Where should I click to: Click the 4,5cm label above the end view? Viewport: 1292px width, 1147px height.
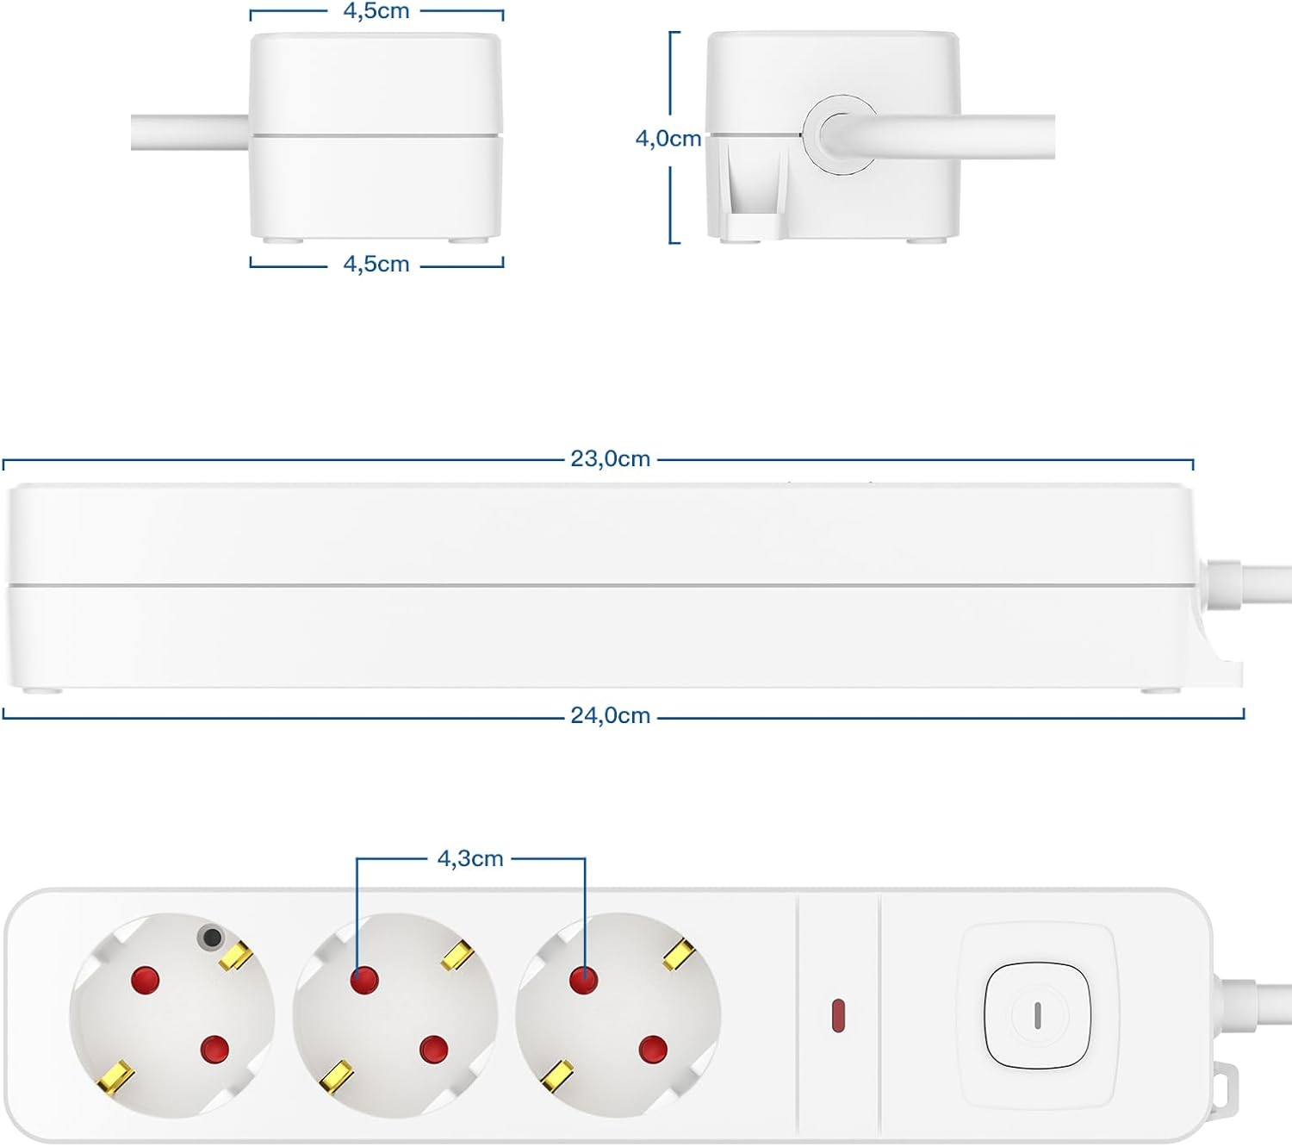pos(376,11)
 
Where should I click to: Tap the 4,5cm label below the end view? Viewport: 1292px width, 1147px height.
pos(376,264)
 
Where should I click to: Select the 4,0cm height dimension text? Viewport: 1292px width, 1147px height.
pos(668,139)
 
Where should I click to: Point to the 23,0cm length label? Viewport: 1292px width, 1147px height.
pos(611,458)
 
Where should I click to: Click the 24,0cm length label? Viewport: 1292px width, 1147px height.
pos(611,716)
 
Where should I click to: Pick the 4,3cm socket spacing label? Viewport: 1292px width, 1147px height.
pos(470,858)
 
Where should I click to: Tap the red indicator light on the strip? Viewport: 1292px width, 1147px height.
pos(838,1016)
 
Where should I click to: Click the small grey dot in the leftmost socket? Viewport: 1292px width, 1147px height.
pos(211,938)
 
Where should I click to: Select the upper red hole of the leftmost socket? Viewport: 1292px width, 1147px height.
pos(146,980)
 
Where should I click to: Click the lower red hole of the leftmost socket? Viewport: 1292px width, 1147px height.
pos(214,1049)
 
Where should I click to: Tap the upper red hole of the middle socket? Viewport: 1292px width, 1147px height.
pos(364,981)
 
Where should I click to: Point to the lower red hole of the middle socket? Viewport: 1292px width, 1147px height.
pos(433,1049)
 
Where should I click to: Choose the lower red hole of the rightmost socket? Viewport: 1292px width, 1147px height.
pos(653,1049)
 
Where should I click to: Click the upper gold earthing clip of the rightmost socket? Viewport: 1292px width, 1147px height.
pos(679,954)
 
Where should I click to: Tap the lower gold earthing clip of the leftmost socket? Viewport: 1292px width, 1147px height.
pos(115,1077)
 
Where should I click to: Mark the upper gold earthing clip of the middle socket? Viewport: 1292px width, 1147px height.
pos(458,955)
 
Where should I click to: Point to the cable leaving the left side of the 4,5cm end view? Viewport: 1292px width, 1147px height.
pos(190,133)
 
